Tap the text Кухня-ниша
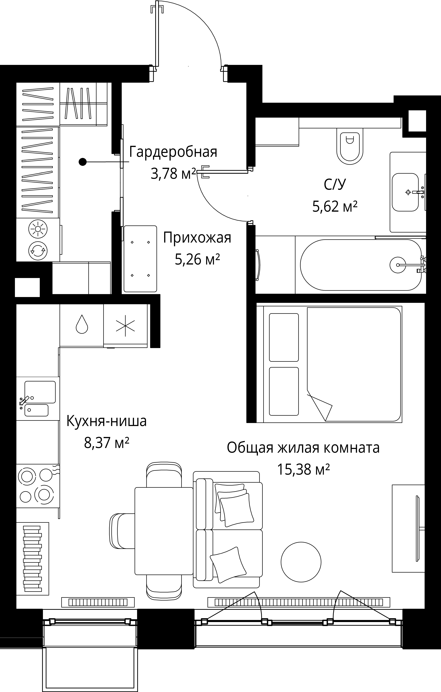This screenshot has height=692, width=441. point(106,421)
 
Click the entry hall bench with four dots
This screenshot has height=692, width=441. point(140,259)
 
